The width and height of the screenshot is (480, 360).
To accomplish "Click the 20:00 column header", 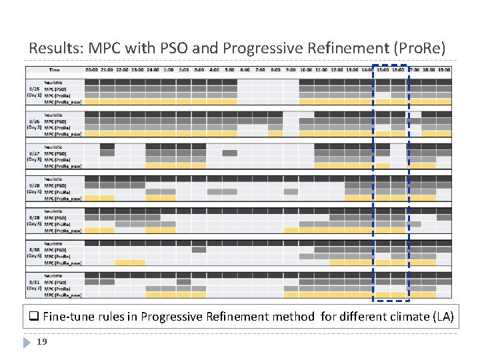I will click(x=92, y=69).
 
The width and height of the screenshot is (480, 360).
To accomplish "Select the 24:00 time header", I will click(x=153, y=69).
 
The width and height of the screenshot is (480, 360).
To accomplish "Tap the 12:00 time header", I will click(x=337, y=69).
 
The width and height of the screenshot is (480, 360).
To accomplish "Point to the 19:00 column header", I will click(x=444, y=69).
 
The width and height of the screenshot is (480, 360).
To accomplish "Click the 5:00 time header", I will click(x=230, y=69).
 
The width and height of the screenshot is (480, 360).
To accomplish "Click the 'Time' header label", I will click(x=54, y=69).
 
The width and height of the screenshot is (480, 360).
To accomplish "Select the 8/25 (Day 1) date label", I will click(x=35, y=92).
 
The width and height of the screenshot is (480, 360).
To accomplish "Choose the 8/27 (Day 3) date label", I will click(x=35, y=157).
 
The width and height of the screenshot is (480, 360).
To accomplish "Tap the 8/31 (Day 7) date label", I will click(x=35, y=285).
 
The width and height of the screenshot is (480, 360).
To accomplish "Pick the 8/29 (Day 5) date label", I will click(x=35, y=221).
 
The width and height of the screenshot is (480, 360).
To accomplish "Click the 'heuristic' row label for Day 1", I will click(x=54, y=82).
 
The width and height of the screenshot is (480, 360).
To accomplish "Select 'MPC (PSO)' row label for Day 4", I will click(x=55, y=185).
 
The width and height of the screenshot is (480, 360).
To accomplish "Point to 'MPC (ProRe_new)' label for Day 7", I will click(x=63, y=295).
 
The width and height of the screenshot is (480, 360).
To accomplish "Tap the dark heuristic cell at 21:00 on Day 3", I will click(x=107, y=147).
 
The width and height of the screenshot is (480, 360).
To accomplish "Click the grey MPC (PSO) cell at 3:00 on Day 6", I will click(x=199, y=250).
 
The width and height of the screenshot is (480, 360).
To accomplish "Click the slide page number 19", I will click(x=41, y=342).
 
